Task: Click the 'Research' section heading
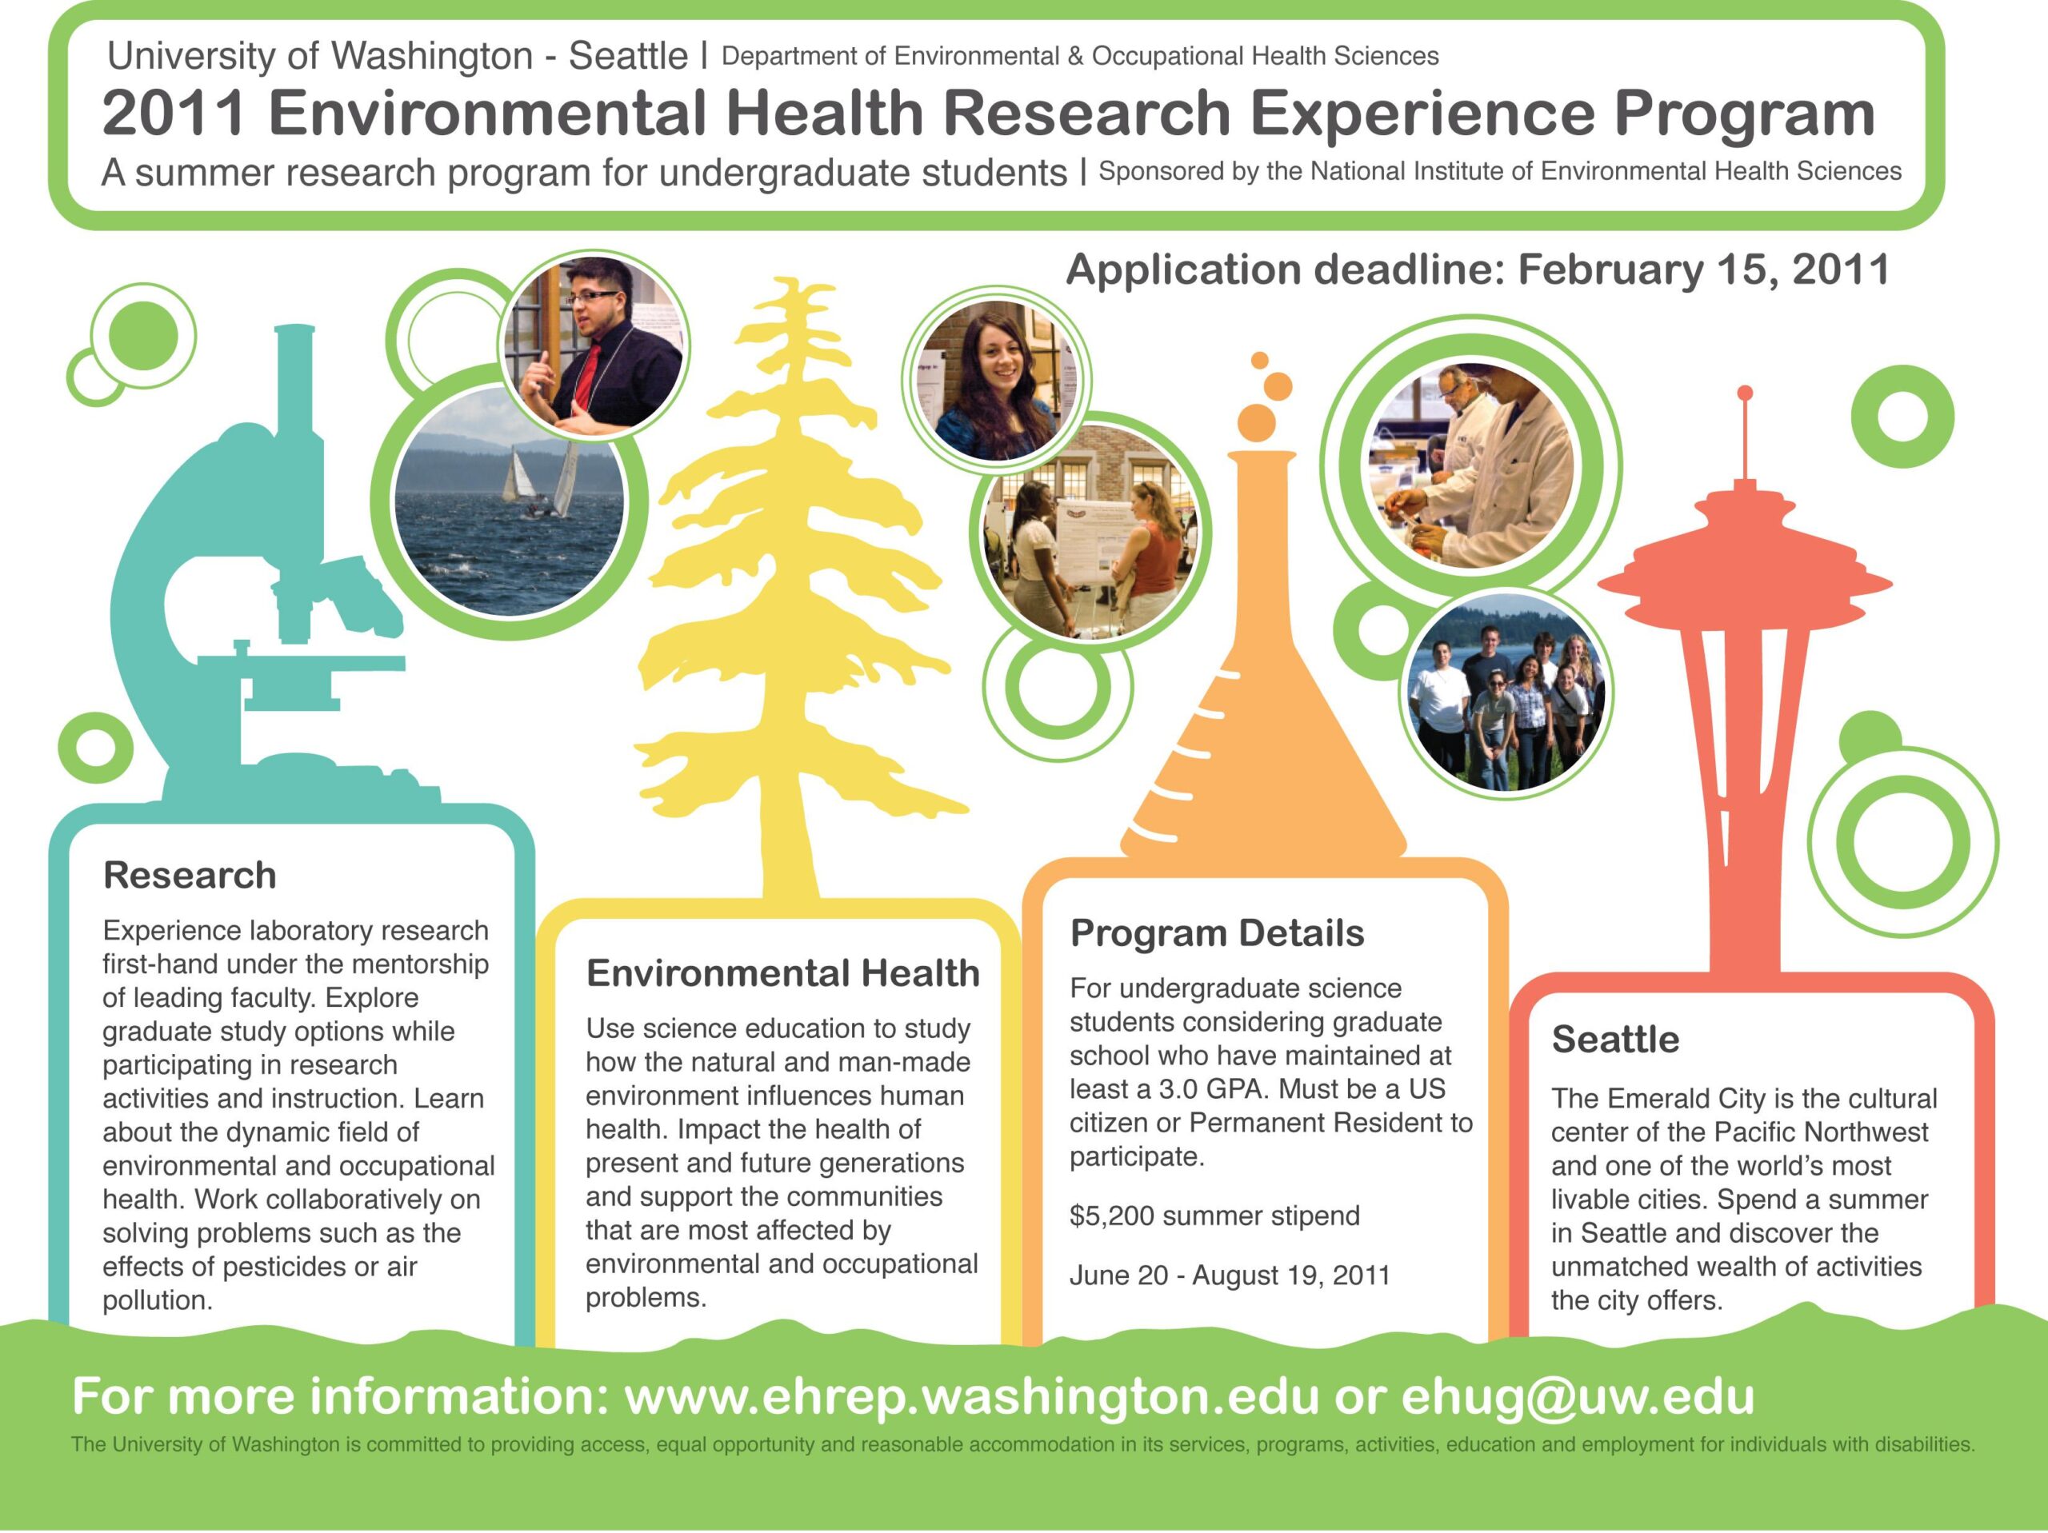coord(190,876)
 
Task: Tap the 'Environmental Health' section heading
coord(783,973)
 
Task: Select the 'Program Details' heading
coord(1218,934)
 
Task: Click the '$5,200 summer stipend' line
coord(1214,1216)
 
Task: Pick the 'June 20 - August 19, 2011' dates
coord(1230,1276)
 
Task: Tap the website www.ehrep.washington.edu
coord(972,1397)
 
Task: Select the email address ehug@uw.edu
coord(1578,1397)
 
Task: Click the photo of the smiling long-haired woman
coord(996,381)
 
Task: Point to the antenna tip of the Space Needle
coord(1746,393)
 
